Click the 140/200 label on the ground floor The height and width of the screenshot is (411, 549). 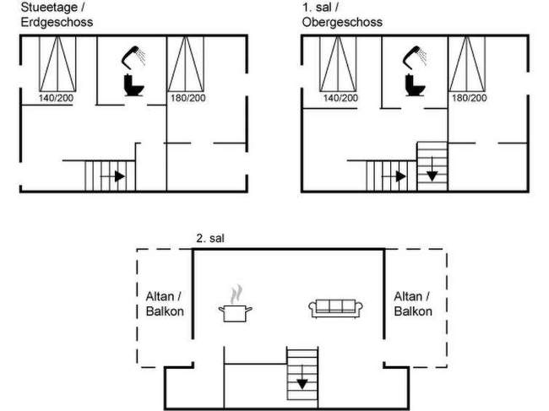(57, 99)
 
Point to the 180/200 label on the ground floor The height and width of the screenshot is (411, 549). (187, 99)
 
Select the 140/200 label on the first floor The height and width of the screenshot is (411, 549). (340, 99)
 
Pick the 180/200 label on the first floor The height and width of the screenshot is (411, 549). (470, 99)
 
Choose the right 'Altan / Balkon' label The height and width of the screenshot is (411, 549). (414, 304)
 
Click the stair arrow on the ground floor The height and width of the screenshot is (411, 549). (117, 176)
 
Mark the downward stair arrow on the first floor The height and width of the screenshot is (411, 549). (431, 174)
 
